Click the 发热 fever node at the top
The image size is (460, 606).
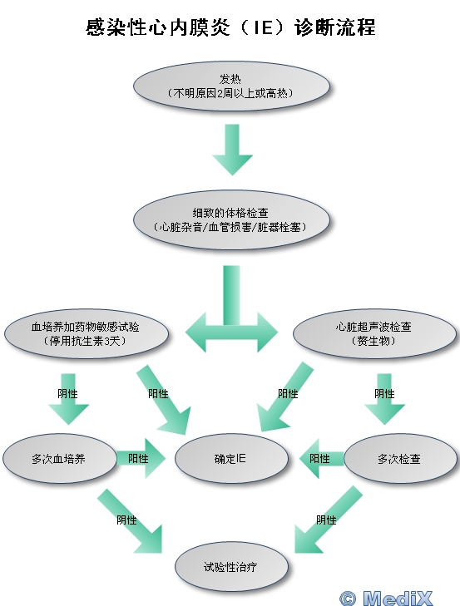(231, 86)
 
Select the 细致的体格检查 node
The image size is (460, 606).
(231, 219)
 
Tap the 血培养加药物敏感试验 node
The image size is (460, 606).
(86, 333)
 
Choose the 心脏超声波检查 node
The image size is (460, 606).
(374, 333)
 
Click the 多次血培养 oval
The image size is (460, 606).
(59, 459)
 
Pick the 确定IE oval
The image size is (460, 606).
(231, 459)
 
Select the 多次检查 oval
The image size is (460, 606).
(400, 459)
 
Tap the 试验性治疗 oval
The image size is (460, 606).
(231, 567)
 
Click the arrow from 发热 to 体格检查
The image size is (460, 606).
(232, 150)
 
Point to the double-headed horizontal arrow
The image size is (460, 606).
(231, 332)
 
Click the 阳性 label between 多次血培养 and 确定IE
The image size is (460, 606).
(138, 459)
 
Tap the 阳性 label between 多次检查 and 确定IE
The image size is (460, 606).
(319, 459)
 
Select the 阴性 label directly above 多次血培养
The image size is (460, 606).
(67, 394)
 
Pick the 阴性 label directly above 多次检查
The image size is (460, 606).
(384, 394)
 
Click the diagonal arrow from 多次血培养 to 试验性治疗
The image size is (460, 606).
(130, 521)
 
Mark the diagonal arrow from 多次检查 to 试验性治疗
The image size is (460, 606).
(329, 520)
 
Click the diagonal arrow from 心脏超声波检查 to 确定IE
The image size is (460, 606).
(285, 397)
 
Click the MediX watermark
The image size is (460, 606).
(386, 598)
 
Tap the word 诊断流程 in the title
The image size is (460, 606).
(334, 27)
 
